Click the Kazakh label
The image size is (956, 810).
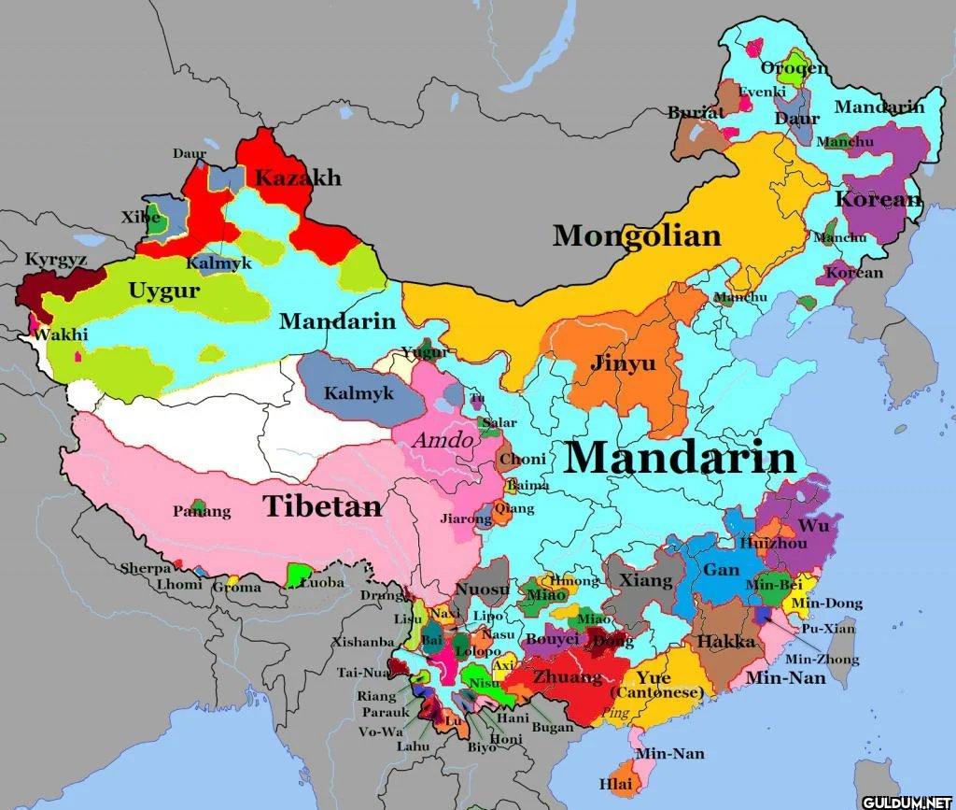pyautogui.click(x=298, y=178)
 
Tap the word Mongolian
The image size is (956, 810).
pyautogui.click(x=637, y=235)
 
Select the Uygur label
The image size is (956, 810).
pyautogui.click(x=163, y=291)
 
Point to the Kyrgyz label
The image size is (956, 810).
pyautogui.click(x=56, y=260)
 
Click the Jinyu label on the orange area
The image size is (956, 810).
pyautogui.click(x=623, y=363)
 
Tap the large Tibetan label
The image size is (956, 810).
pyautogui.click(x=322, y=506)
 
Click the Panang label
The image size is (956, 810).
pyautogui.click(x=202, y=511)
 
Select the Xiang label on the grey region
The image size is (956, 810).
pyautogui.click(x=646, y=580)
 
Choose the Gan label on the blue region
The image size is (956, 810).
pyautogui.click(x=721, y=570)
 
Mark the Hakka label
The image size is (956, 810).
pyautogui.click(x=726, y=642)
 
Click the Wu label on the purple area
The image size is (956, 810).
pyautogui.click(x=813, y=526)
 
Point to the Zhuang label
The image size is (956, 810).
pyautogui.click(x=568, y=676)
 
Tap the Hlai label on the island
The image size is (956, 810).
pyautogui.click(x=614, y=783)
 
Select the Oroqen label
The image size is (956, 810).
pyautogui.click(x=793, y=68)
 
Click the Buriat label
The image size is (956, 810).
pyautogui.click(x=696, y=112)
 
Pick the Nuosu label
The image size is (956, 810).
pyautogui.click(x=483, y=590)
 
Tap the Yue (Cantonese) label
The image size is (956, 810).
pyautogui.click(x=656, y=685)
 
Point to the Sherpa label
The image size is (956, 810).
pyautogui.click(x=146, y=568)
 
